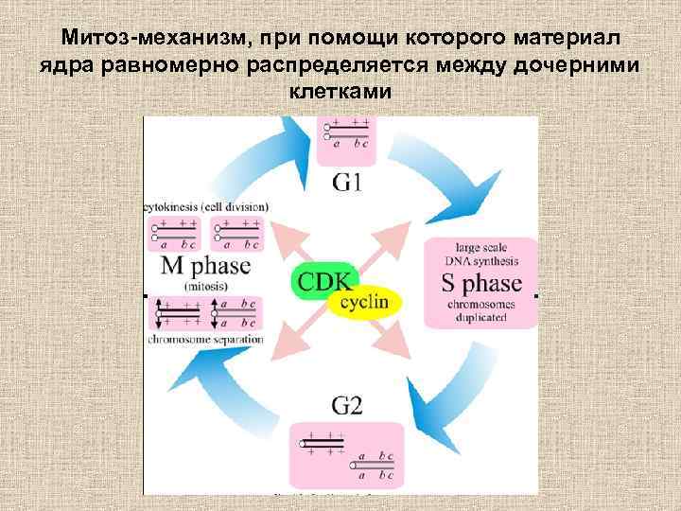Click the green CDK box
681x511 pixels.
point(323,280)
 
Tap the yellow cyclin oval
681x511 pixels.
point(365,303)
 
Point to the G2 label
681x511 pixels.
point(347,406)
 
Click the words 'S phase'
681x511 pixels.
point(481,284)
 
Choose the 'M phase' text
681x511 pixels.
point(205,266)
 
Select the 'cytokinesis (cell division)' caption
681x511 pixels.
point(205,206)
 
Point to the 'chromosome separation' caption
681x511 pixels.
point(205,339)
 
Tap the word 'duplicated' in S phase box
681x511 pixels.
point(481,319)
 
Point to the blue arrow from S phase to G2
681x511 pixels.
point(454,388)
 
